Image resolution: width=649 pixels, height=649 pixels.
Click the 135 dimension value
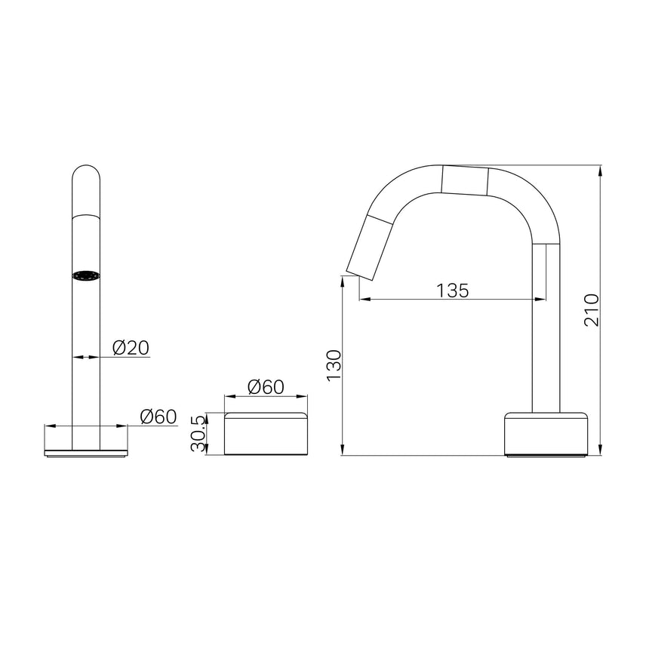tap(452, 291)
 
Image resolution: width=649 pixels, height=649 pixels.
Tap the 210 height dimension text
tap(592, 310)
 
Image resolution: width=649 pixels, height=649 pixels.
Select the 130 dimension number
tap(334, 365)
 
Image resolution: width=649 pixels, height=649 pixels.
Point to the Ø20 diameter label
tap(131, 348)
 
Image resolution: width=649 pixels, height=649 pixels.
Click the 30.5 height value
tap(198, 433)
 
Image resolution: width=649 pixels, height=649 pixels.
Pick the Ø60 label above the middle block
tap(266, 387)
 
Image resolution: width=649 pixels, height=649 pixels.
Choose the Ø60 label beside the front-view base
tap(158, 417)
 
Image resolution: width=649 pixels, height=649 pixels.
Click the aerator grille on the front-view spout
tap(86, 275)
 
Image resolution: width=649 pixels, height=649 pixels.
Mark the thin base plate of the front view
tap(86, 453)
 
